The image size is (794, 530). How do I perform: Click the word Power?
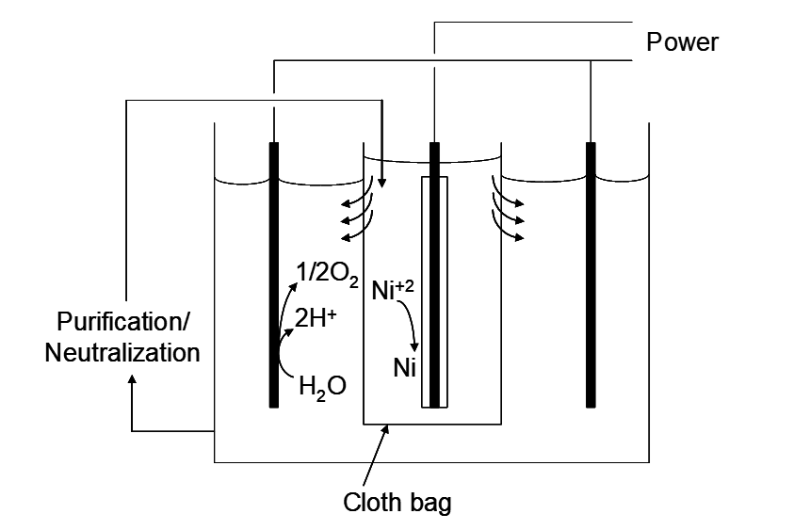[x=682, y=42]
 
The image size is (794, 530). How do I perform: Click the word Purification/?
[x=123, y=323]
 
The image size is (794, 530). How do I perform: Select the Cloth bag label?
[x=397, y=502]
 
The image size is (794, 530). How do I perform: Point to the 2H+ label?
[x=316, y=318]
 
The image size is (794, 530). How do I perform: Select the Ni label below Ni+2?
[x=403, y=367]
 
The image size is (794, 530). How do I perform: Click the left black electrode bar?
[x=273, y=273]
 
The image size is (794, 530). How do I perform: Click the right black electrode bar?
[x=591, y=273]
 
